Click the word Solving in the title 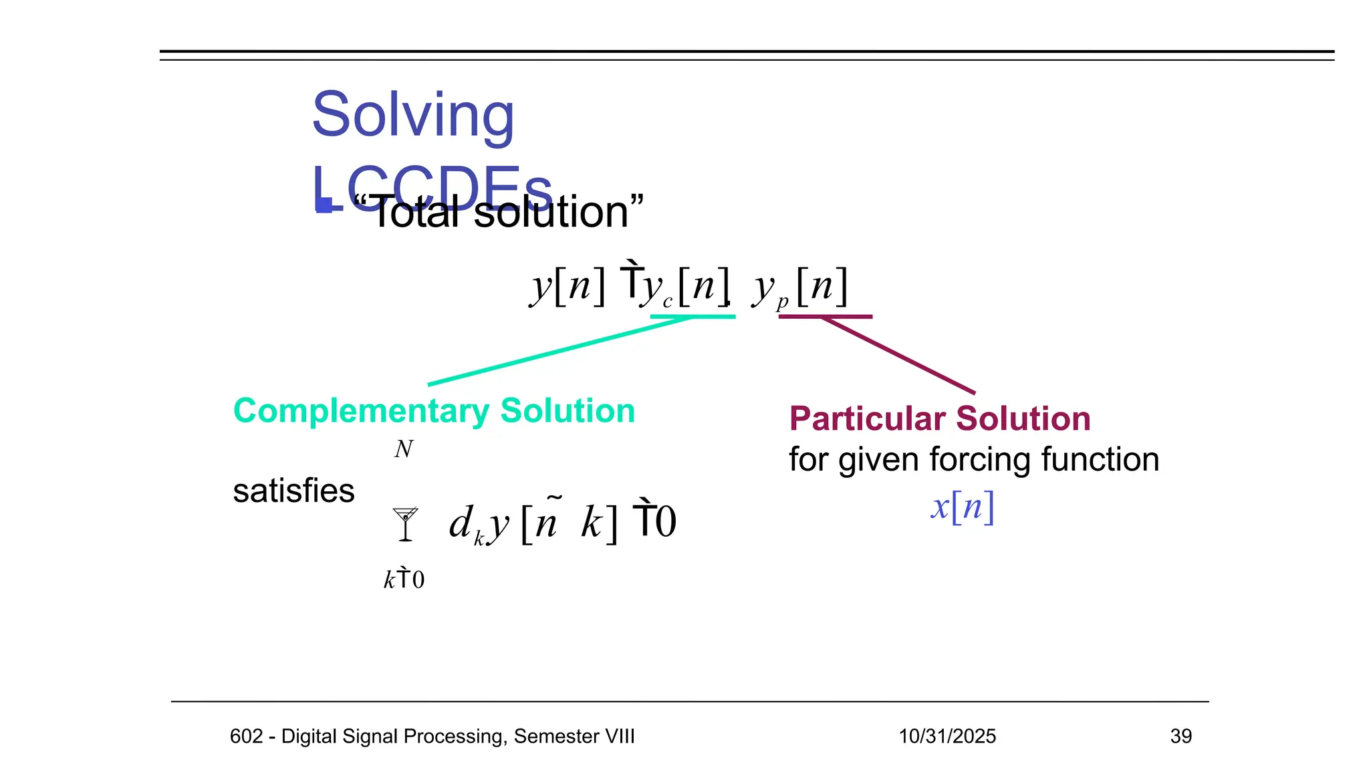tap(413, 115)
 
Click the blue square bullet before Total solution tap(325, 205)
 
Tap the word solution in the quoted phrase tap(551, 213)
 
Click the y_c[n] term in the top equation tap(685, 287)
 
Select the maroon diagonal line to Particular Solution tap(899, 355)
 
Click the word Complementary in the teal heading tap(361, 410)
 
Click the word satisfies tap(293, 491)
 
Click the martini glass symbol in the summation tap(405, 523)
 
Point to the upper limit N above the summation tap(404, 449)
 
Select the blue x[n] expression tap(963, 506)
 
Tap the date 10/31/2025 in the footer tap(947, 736)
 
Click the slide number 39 tap(1180, 736)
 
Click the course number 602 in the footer tap(246, 736)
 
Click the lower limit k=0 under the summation tap(404, 579)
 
